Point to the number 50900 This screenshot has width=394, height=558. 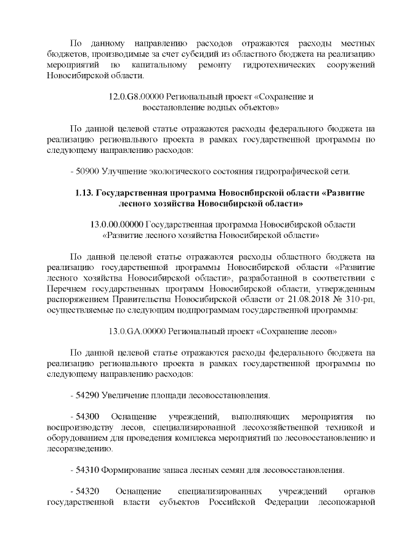(88, 171)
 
